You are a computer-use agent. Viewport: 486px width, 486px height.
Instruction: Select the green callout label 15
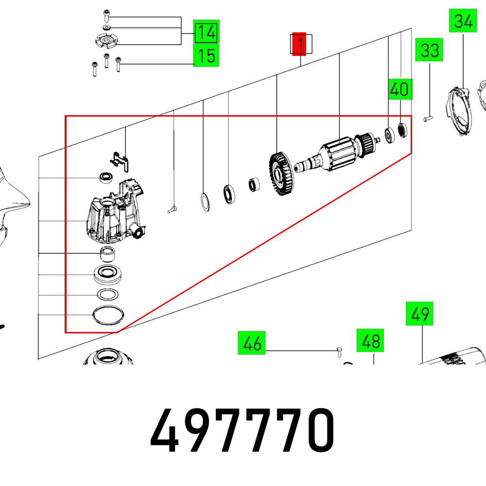point(206,55)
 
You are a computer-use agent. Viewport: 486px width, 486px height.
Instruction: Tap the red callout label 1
point(299,44)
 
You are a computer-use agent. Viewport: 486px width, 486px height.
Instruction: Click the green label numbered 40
point(400,89)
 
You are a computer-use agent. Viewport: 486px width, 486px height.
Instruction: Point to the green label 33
point(429,50)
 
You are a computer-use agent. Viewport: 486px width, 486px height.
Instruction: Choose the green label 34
point(463,21)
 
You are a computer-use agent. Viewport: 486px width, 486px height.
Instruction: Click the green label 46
point(251,343)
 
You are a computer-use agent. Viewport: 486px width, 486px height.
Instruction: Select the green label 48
point(370,340)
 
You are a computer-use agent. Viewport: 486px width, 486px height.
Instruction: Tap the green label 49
point(419,313)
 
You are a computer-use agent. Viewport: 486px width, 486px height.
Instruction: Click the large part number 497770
point(242,431)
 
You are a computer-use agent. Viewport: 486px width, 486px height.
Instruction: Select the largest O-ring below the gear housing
point(108,315)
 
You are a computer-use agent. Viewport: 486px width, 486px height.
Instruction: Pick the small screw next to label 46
point(339,352)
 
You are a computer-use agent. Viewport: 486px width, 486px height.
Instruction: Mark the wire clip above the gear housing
point(120,161)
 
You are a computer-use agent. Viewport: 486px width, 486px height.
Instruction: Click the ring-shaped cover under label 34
point(460,112)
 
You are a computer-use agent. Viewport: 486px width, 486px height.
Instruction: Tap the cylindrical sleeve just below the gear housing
point(107,254)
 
